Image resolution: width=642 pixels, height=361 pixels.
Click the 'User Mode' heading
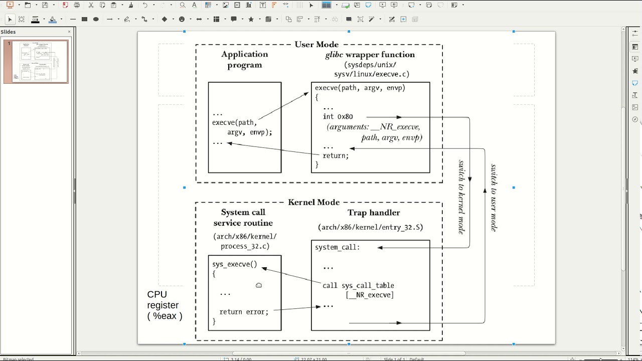[316, 45]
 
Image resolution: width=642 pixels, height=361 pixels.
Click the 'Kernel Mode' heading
[314, 203]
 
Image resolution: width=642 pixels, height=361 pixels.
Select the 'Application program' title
[245, 59]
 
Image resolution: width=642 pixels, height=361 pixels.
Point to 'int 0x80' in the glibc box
[338, 117]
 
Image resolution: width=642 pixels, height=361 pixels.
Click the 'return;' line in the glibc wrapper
[336, 156]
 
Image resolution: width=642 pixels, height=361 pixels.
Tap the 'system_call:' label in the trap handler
[338, 247]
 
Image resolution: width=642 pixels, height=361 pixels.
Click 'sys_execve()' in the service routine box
[234, 264]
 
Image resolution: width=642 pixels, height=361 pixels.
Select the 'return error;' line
[244, 312]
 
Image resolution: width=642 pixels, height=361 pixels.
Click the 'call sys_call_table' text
[358, 286]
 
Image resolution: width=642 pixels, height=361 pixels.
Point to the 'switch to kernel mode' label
[461, 197]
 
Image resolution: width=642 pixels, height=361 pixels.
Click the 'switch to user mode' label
[494, 198]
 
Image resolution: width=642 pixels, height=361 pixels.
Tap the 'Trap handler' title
[374, 213]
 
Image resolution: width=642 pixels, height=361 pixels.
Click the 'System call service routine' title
[243, 218]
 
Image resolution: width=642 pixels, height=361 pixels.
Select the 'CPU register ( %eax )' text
[164, 305]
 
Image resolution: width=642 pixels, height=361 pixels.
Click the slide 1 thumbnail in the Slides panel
[36, 61]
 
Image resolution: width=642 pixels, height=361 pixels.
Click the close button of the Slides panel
[69, 32]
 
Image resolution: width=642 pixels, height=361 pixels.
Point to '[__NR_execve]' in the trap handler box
[370, 295]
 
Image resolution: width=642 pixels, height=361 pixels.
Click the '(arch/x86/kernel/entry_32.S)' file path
[371, 227]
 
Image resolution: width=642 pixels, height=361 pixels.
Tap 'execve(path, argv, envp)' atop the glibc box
[360, 88]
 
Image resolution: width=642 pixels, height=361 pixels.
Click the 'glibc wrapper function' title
[370, 55]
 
